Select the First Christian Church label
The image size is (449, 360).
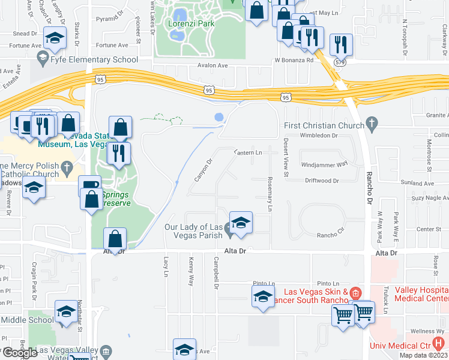pyautogui.click(x=324, y=126)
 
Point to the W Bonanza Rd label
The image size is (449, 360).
pyautogui.click(x=294, y=60)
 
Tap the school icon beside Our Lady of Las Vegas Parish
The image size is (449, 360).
pyautogui.click(x=241, y=222)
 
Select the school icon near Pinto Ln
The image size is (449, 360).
pyautogui.click(x=262, y=297)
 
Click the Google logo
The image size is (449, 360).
pyautogui.click(x=19, y=352)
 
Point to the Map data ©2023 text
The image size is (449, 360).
pyautogui.click(x=423, y=355)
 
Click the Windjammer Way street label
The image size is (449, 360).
pyautogui.click(x=325, y=164)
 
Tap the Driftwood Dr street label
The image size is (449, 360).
pyautogui.click(x=322, y=180)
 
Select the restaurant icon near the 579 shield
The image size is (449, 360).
pyautogui.click(x=341, y=44)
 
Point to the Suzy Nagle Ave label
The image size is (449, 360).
pyautogui.click(x=429, y=197)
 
